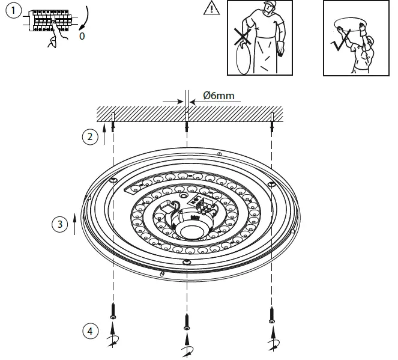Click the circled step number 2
tap(89, 136)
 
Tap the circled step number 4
tap(89, 331)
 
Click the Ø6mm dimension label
tap(219, 95)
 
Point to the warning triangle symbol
tap(211, 8)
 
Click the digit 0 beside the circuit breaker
tap(83, 35)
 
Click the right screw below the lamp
tap(272, 314)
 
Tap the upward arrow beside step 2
tap(104, 133)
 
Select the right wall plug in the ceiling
tap(272, 117)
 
